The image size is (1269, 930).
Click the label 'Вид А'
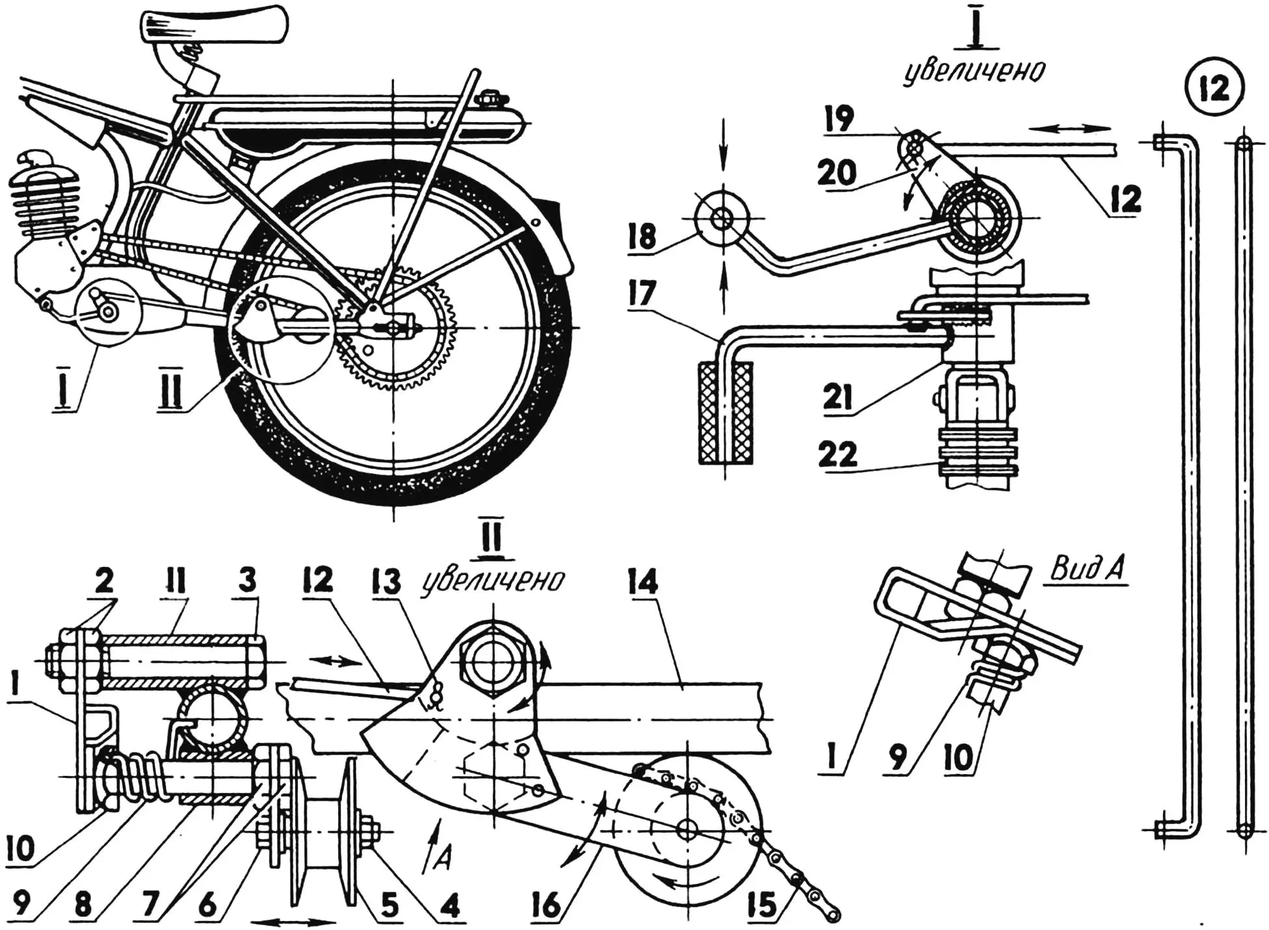1087,571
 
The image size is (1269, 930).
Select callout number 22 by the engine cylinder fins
837,454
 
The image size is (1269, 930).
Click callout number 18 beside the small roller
642,237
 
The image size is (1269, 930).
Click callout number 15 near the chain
762,905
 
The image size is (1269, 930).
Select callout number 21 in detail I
837,396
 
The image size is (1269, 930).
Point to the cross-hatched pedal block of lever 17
726,413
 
